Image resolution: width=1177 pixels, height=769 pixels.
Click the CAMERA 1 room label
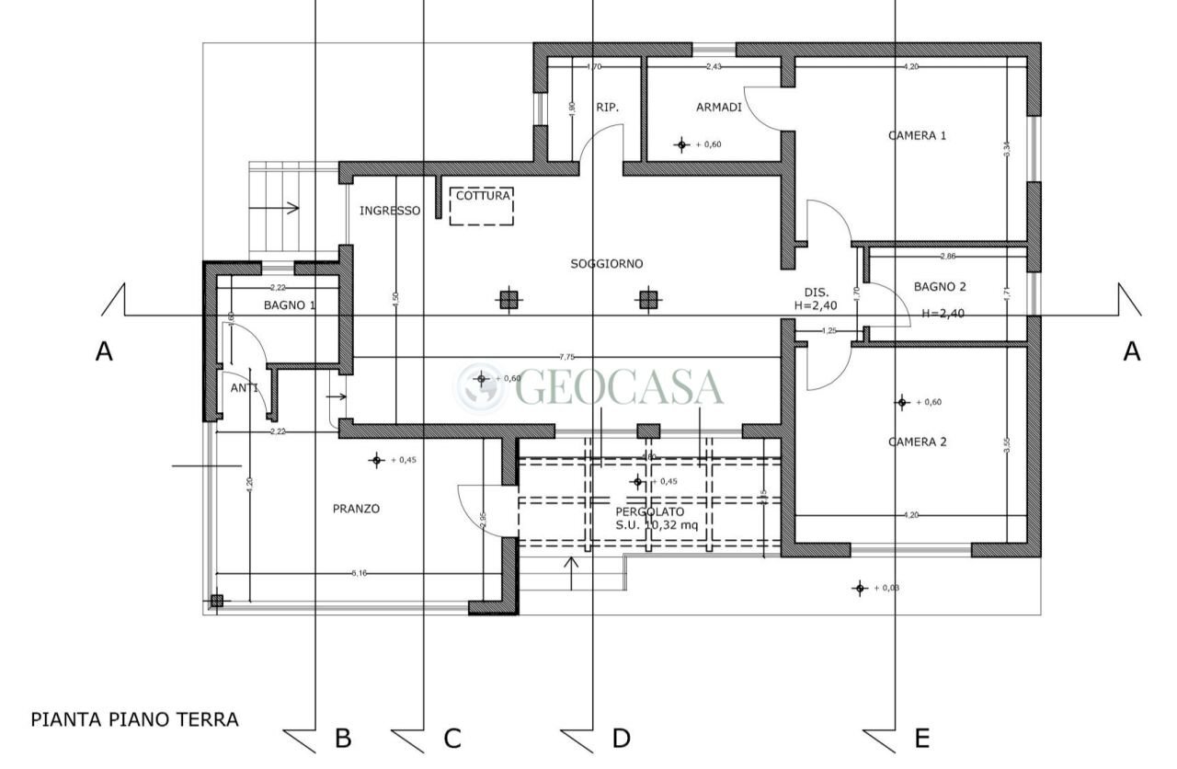click(x=917, y=135)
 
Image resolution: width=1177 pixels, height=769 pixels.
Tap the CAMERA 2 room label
click(x=917, y=442)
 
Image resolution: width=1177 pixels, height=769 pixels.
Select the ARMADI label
click(x=718, y=108)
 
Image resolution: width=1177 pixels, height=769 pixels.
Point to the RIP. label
click(x=607, y=108)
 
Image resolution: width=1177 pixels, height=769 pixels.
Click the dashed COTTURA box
click(x=481, y=206)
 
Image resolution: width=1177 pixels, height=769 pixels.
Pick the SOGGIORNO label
click(x=606, y=264)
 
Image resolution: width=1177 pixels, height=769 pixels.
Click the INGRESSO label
click(x=389, y=211)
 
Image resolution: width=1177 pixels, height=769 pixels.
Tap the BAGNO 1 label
click(x=290, y=304)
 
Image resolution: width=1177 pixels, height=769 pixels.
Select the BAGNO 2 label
click(x=940, y=287)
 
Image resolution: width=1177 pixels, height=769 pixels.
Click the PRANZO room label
click(x=356, y=509)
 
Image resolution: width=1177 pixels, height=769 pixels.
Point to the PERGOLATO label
click(x=649, y=511)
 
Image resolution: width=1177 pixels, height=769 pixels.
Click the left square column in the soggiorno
click(x=508, y=299)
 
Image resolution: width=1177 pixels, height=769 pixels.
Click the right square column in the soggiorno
click(x=648, y=299)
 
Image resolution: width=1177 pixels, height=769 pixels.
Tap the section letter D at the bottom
click(x=621, y=738)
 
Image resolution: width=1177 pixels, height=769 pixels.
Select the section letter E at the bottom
click(x=921, y=738)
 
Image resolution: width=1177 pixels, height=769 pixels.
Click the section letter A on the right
click(x=1131, y=351)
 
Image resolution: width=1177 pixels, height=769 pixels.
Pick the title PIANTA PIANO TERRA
click(x=135, y=719)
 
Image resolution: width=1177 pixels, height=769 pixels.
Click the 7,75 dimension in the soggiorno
click(x=567, y=357)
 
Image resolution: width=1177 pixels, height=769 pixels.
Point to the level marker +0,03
click(x=860, y=588)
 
